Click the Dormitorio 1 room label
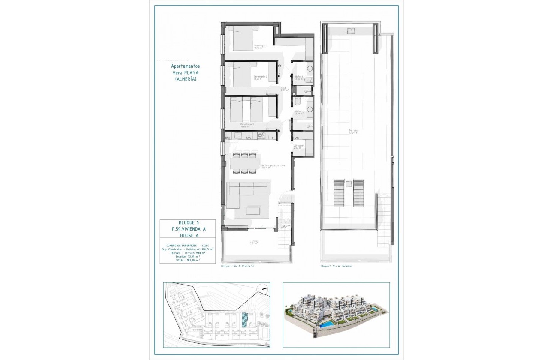261,46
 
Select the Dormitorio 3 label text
247,125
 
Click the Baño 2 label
299,78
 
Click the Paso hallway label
283,89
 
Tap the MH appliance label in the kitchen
228,138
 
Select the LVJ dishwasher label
248,138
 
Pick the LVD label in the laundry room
296,138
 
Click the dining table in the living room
244,163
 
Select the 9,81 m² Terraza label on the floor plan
254,243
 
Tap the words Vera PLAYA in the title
185,73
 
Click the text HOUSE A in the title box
187,235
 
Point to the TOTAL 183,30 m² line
187,260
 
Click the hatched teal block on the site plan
244,320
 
